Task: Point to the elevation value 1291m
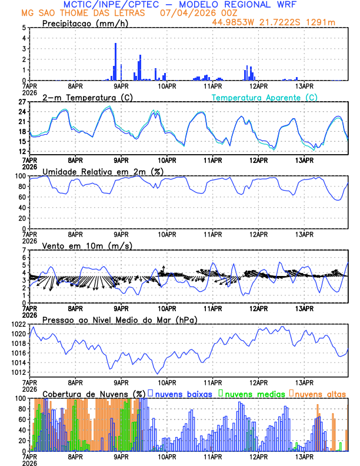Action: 323,22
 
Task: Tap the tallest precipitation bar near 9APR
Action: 115,61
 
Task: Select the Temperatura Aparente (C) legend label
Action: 264,97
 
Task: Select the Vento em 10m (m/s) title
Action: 87,245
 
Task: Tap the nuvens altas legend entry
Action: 321,393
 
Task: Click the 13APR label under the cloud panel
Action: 304,457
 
